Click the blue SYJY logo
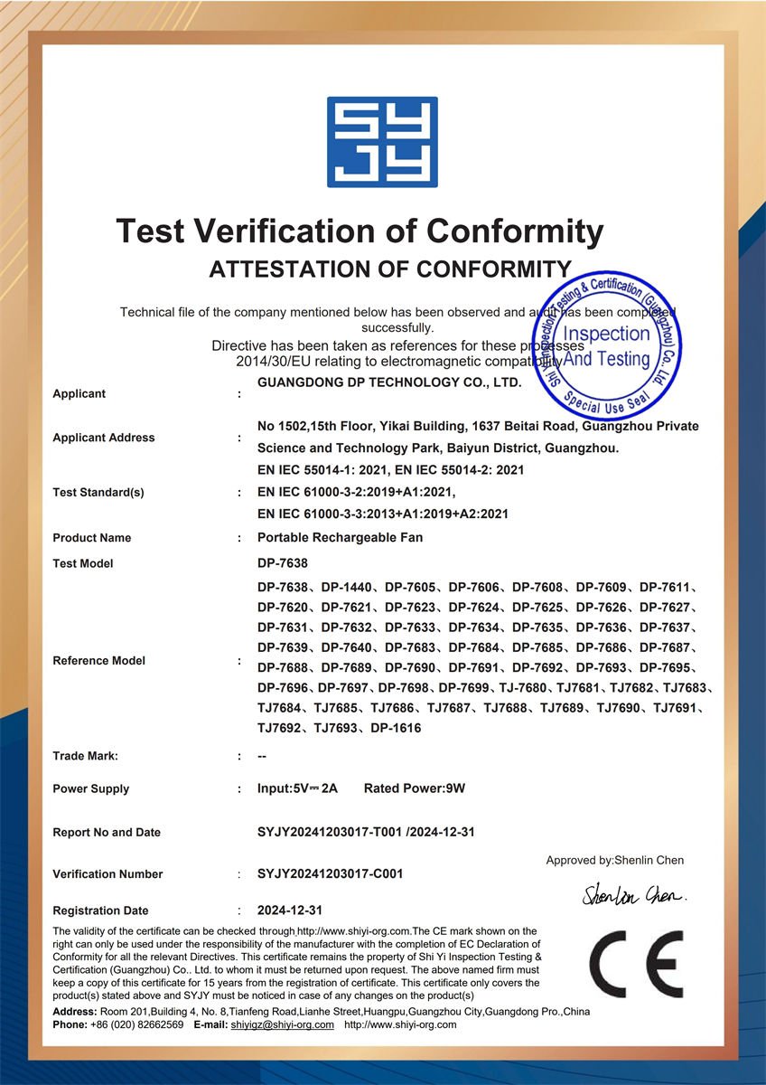coord(382,142)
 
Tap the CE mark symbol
coord(637,965)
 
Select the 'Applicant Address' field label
coord(104,438)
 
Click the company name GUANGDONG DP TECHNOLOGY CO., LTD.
coord(389,382)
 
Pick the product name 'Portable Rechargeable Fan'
coord(340,538)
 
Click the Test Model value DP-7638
coord(283,563)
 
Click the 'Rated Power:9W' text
coord(415,788)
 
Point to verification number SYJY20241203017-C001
coord(330,874)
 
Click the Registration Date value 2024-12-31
coord(290,910)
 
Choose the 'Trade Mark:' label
coord(85,756)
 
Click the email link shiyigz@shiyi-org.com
coord(282,1024)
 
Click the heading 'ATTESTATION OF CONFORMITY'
coord(389,269)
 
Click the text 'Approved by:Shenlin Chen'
coord(614,860)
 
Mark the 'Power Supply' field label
coord(91,788)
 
